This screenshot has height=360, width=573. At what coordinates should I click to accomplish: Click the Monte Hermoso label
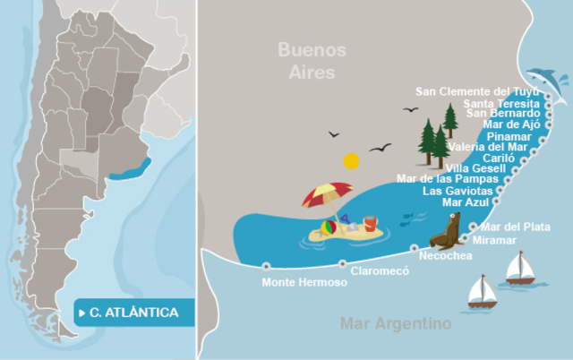[x=304, y=283]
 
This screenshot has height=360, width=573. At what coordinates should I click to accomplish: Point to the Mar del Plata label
[x=516, y=227]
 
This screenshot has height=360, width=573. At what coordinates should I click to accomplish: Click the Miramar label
[x=494, y=240]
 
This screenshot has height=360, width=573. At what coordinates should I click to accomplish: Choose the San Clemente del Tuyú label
[x=478, y=91]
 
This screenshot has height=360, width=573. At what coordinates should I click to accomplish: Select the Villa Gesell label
[x=475, y=168]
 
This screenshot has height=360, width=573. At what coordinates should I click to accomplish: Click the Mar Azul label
[x=465, y=202]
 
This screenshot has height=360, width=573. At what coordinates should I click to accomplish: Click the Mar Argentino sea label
[x=396, y=323]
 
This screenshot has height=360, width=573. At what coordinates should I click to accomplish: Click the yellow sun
[x=351, y=161]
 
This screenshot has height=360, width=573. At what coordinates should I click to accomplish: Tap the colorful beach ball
[x=329, y=229]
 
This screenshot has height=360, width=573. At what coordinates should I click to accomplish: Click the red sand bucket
[x=369, y=224]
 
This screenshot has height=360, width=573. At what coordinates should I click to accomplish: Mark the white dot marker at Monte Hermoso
[x=266, y=265]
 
